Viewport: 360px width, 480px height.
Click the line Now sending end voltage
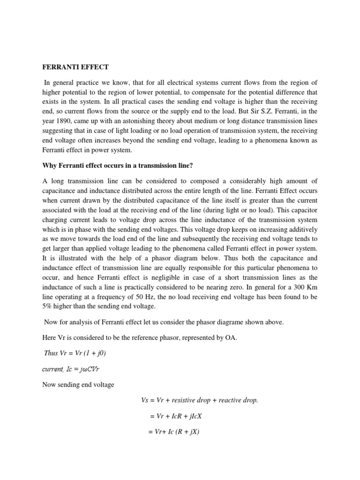78,385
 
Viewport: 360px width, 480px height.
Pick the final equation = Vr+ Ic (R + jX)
174,432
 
